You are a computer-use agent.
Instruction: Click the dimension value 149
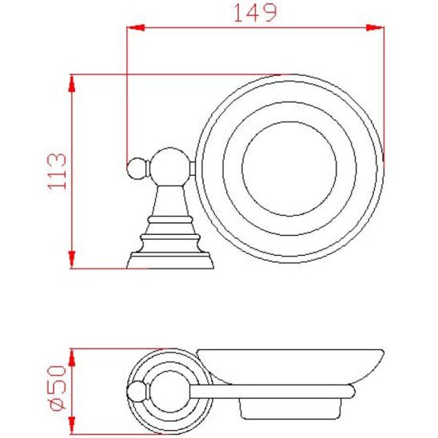(253, 13)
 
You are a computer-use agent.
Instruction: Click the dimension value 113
(57, 172)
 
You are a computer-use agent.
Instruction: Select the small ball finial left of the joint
(135, 168)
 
